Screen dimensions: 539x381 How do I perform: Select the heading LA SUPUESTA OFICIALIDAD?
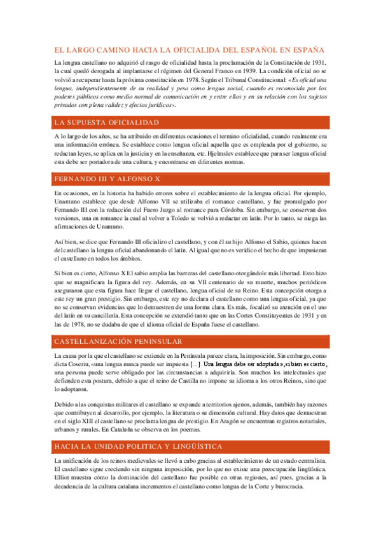[x=107, y=122]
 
